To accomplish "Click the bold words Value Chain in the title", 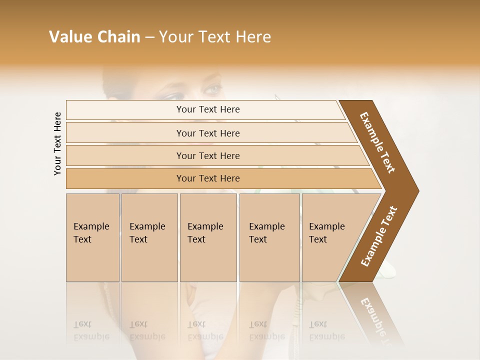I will [94, 37].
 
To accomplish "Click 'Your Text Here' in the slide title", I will [215, 37].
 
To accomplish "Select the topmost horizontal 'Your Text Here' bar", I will [208, 109].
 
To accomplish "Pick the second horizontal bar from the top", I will [208, 133].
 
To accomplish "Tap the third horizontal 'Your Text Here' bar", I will [208, 155].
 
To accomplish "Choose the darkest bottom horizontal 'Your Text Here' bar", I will [208, 178].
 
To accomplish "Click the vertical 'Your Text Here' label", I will [57, 143].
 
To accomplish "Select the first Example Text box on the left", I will [92, 237].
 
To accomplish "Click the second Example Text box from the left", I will [149, 237].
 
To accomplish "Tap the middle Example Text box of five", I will [208, 237].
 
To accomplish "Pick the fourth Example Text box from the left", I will [269, 237].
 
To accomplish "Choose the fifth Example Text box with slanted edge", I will [332, 237].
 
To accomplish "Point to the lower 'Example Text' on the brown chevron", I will [379, 236].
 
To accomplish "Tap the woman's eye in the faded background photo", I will [212, 89].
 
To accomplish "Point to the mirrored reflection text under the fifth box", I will [326, 330].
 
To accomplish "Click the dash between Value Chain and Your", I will [149, 37].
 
